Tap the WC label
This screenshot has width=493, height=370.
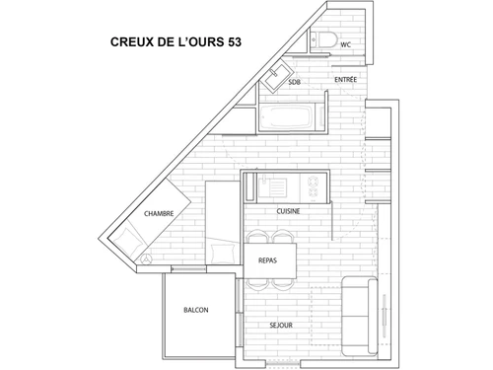346,44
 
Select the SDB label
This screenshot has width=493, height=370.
294,83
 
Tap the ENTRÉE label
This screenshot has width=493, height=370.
345,78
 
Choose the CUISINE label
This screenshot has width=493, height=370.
288,210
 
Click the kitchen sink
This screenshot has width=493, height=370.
277,185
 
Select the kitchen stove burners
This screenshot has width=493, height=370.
314,185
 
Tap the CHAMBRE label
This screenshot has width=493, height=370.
159,213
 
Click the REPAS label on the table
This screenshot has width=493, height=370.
266,261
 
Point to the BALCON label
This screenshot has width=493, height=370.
195,310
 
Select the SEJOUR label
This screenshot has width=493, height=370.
283,324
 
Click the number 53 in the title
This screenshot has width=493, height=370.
230,42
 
